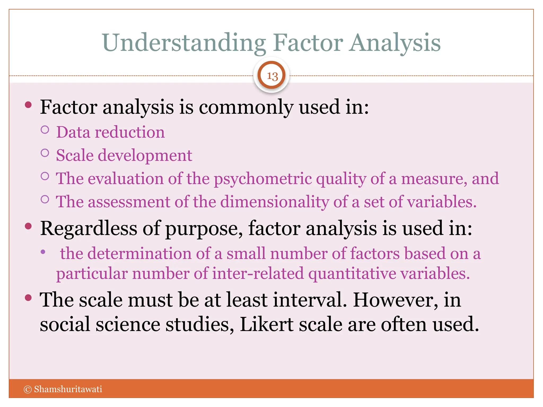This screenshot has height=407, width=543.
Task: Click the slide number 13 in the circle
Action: (272, 76)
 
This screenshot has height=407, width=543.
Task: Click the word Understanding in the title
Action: (184, 43)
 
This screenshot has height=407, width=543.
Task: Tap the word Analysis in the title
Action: (395, 43)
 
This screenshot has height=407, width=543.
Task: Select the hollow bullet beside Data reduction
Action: (45, 130)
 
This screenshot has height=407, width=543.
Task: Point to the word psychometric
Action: (263, 179)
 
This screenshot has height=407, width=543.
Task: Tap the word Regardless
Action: (89, 228)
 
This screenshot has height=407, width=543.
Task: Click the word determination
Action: (139, 254)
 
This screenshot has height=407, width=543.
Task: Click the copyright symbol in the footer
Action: (28, 389)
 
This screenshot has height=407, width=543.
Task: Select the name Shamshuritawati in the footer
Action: (68, 389)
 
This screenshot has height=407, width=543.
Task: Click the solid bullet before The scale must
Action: (28, 298)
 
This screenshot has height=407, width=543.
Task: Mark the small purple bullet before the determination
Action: (43, 252)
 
